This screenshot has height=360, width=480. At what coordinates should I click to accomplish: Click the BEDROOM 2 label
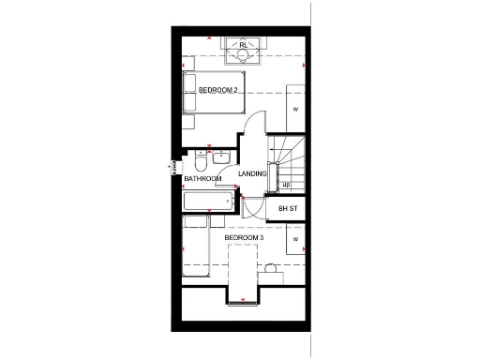[x=218, y=90]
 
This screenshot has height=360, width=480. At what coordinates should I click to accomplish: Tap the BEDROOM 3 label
[x=244, y=238]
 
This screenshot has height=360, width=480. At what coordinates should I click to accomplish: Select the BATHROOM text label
[x=202, y=179]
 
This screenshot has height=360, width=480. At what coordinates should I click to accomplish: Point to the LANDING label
[x=252, y=174]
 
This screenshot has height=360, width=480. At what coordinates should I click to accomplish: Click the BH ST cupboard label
[x=288, y=208]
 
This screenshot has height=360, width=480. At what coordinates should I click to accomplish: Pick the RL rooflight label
[x=244, y=44]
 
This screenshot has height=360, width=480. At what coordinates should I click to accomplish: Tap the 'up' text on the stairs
[x=286, y=184]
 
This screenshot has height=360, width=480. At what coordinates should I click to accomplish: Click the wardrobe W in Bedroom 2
[x=295, y=110]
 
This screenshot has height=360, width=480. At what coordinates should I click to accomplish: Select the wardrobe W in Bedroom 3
[x=295, y=240]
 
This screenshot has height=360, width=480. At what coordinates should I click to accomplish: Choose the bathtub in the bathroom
[x=207, y=202]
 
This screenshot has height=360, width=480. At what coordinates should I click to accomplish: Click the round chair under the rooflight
[x=243, y=53]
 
